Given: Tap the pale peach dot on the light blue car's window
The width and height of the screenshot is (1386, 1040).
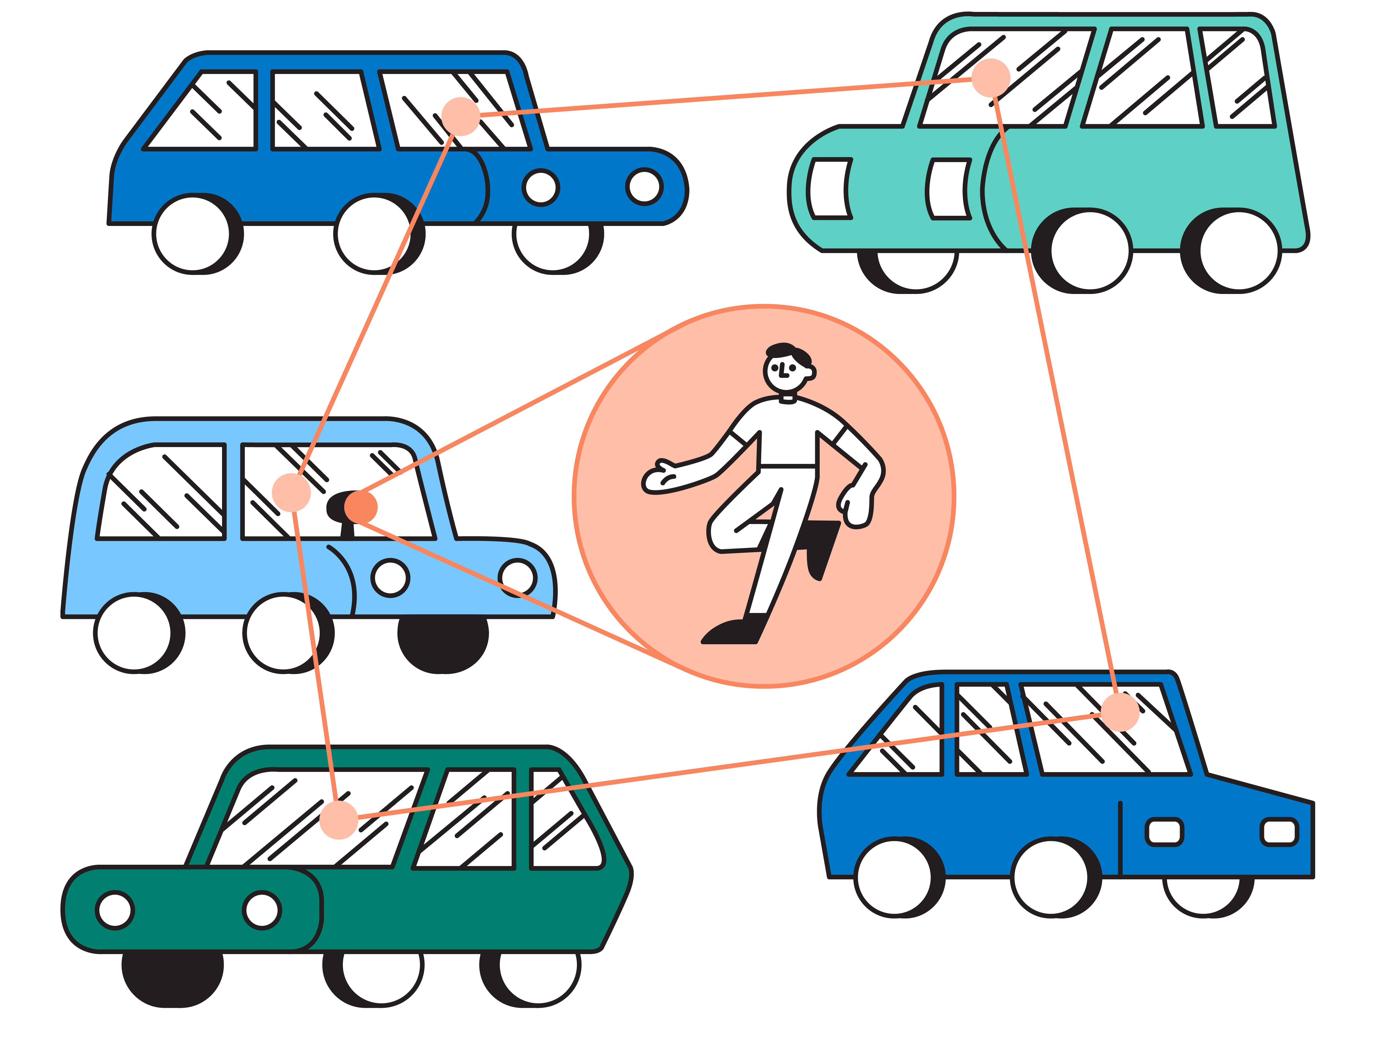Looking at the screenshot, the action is coord(291,492).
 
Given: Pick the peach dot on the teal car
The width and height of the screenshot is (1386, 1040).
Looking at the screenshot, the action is coord(991,78).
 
